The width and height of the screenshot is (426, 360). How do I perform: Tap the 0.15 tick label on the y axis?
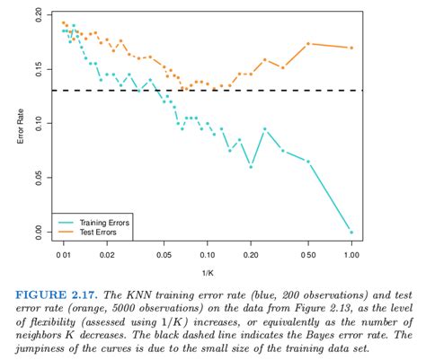click(x=37, y=70)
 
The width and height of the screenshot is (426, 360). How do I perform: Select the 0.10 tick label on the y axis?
click(x=37, y=124)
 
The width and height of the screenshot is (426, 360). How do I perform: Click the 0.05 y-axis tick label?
click(x=37, y=178)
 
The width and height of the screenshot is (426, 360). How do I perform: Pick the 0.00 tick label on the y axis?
click(x=37, y=232)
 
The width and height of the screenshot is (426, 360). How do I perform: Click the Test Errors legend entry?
click(x=93, y=232)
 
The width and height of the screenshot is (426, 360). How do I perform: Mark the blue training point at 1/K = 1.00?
click(x=351, y=232)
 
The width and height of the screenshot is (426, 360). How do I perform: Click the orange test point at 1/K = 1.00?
click(x=351, y=48)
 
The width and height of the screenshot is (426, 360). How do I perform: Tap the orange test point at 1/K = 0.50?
click(x=308, y=43)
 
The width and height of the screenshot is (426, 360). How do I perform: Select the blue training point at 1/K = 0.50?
click(x=308, y=162)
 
